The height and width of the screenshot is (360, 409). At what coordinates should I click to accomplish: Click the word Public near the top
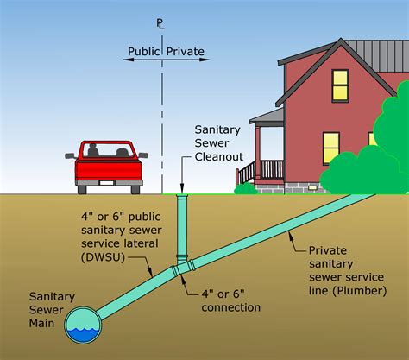[x=144, y=52]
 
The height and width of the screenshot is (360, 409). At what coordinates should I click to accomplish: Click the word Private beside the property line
[x=186, y=52]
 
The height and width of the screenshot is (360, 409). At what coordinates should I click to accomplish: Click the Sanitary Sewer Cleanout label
[x=216, y=142]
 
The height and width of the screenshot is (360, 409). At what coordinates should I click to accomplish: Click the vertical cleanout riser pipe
[x=181, y=224]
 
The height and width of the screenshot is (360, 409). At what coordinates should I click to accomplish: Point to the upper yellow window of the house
[x=339, y=85]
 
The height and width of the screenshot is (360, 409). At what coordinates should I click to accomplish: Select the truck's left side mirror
[x=70, y=156]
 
